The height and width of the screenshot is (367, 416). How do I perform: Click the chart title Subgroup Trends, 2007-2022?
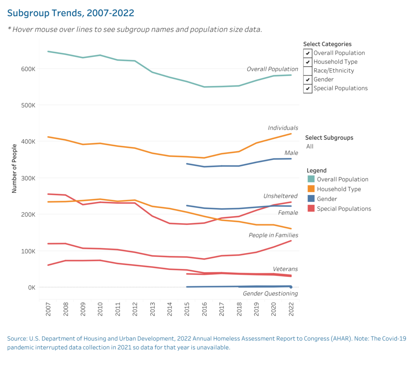(x=71, y=13)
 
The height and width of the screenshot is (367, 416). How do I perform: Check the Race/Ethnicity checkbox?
(x=308, y=71)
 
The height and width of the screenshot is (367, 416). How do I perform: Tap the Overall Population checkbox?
(x=308, y=53)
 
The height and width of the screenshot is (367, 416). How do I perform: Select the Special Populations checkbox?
(x=308, y=88)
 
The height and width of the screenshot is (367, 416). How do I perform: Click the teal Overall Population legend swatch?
(x=312, y=179)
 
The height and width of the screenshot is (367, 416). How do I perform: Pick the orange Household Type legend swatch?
(x=312, y=189)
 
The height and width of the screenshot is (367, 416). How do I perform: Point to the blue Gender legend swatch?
(x=312, y=199)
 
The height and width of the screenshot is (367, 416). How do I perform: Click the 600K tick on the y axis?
(x=29, y=69)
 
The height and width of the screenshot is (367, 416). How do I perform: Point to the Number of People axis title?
(x=14, y=168)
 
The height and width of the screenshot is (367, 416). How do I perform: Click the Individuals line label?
(x=283, y=128)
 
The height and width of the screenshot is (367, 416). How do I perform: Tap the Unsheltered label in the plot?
(x=280, y=196)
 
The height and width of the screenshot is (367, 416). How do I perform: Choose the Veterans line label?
(x=285, y=269)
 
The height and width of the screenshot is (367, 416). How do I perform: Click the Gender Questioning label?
(x=270, y=293)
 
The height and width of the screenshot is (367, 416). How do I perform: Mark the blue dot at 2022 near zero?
(x=291, y=287)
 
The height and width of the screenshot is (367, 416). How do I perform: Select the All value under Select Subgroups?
(x=310, y=146)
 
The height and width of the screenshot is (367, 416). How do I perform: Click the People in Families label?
(x=273, y=235)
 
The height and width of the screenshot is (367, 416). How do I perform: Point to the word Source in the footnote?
(x=17, y=339)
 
